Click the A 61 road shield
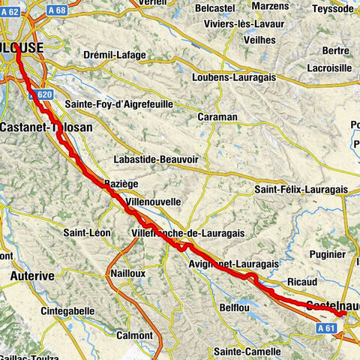[325, 328]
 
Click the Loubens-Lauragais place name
[234, 77]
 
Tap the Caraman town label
[217, 117]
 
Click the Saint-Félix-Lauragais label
[301, 190]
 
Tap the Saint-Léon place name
[87, 232]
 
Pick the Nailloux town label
[126, 274]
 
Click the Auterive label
[32, 276]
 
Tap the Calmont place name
[135, 334]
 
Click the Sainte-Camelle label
[247, 351]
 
